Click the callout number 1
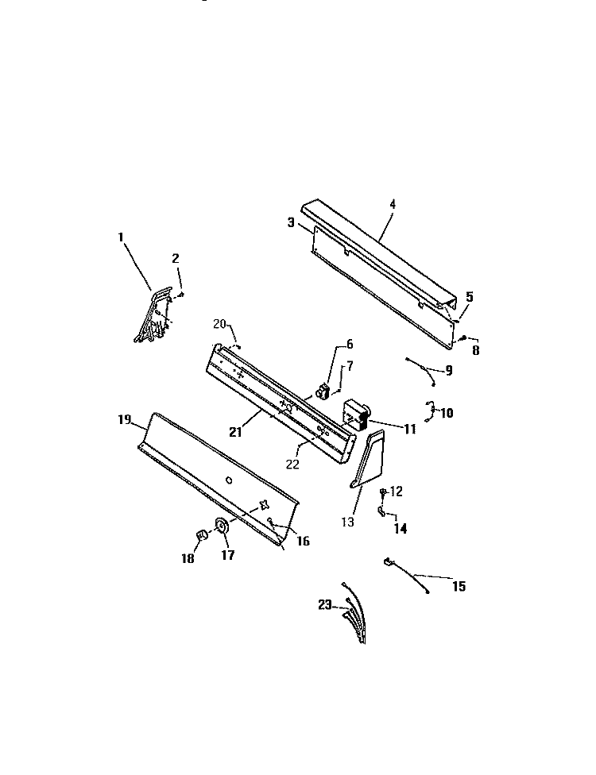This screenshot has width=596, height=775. click(x=120, y=237)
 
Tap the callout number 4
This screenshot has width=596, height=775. click(x=393, y=204)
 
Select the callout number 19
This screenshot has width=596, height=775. click(x=125, y=419)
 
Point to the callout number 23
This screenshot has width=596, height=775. click(x=324, y=604)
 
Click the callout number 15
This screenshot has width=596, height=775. click(x=459, y=586)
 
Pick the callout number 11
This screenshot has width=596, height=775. click(x=410, y=429)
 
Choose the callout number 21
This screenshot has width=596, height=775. click(x=235, y=431)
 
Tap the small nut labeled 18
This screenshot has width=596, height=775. click(x=201, y=535)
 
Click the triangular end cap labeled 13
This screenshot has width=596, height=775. click(x=369, y=460)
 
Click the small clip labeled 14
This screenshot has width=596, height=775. click(x=381, y=512)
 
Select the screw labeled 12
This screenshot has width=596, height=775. click(x=383, y=492)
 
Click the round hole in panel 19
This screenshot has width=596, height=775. click(x=228, y=480)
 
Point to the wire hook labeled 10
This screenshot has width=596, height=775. click(x=429, y=411)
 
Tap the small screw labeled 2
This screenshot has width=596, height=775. click(x=181, y=295)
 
